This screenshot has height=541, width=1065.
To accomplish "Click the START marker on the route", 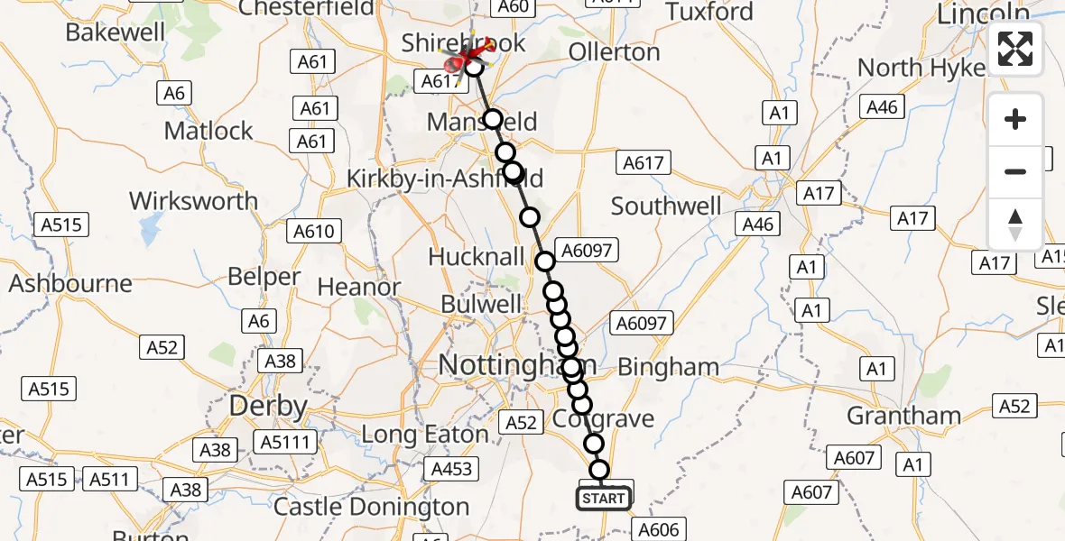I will pos(604,498).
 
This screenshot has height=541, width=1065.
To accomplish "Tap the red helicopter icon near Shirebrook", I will pos(468,59).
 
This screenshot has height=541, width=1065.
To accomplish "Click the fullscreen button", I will pos(1015,49).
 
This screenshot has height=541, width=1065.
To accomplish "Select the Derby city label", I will pos(269,406).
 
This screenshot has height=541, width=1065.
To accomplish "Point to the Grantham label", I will pos(903,416).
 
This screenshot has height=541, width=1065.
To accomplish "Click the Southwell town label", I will pos(666,206).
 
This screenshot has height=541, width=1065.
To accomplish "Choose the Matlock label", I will pos(208,131).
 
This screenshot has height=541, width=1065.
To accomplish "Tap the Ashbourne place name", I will pos(70,284).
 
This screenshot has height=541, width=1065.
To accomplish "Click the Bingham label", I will pos(669,367).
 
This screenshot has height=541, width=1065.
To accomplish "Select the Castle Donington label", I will pos(371,507).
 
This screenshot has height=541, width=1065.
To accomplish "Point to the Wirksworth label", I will pos(193,200).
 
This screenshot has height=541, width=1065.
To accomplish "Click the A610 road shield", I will pos(314,232).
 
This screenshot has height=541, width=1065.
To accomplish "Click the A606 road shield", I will pos(660,529).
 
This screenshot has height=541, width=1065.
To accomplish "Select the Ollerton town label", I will pos(615,52).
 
